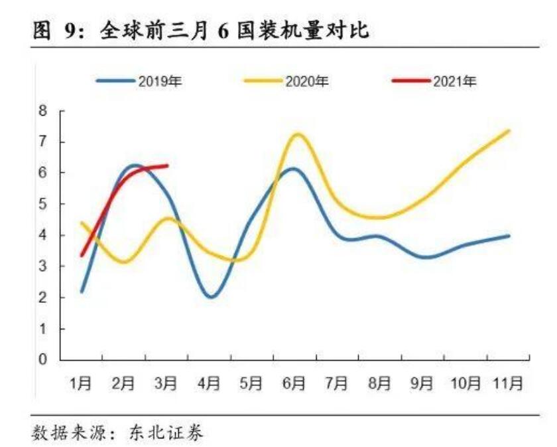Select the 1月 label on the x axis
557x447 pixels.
[x=81, y=383]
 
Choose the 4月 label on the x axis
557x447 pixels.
[x=209, y=383]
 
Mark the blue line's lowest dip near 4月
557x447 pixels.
[x=212, y=297]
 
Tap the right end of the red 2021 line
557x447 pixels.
[x=166, y=165]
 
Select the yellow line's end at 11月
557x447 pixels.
[x=508, y=131]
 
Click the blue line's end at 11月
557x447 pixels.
[x=508, y=236]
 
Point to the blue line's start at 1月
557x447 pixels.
[x=82, y=291]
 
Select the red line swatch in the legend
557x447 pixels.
[x=410, y=81]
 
